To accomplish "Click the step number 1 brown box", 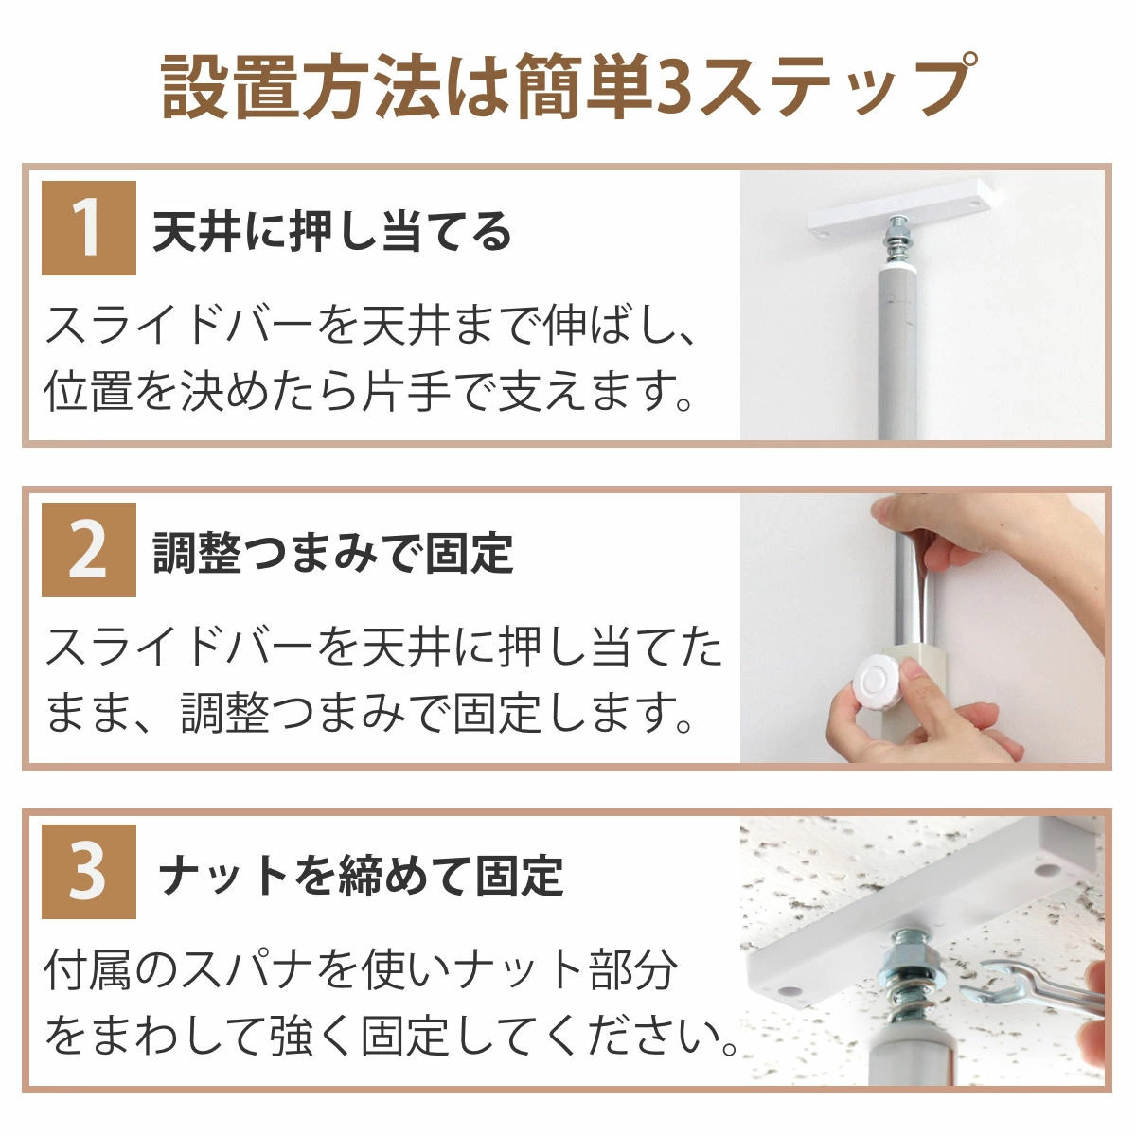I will [x=88, y=228].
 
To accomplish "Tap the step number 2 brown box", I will [x=88, y=550].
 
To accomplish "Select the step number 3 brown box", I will [x=88, y=872].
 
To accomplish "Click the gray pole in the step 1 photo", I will [x=896, y=350].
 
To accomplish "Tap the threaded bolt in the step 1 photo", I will [x=896, y=240].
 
